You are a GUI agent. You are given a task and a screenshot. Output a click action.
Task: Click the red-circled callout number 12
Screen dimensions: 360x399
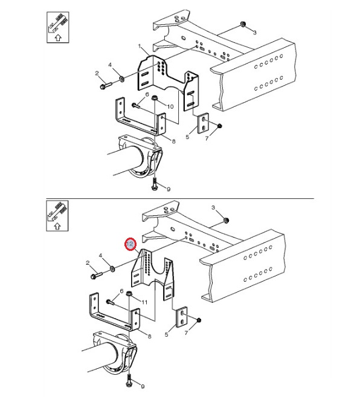coord(130,244)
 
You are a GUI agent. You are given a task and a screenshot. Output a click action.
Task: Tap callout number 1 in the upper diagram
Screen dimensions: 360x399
coord(140,46)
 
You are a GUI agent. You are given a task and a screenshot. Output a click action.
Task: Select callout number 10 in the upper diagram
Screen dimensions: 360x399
coord(170,106)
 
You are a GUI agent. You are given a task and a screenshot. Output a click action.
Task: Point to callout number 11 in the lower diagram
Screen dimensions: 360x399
coord(144,302)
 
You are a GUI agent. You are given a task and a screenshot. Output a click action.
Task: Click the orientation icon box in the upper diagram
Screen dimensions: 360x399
coord(58,27)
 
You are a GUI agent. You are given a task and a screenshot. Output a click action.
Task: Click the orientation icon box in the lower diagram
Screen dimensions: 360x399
coord(57,216)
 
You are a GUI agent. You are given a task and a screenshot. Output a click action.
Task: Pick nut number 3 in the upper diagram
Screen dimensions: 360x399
coord(243,24)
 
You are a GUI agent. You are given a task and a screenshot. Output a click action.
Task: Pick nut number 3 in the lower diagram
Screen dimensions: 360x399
coord(225,220)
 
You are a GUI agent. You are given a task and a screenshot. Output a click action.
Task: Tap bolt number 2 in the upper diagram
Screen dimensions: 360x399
coord(106,85)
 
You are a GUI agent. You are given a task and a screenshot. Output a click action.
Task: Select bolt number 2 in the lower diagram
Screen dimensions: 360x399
coord(97,275)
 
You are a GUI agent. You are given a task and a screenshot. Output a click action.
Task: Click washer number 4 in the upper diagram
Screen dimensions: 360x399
coord(121,79)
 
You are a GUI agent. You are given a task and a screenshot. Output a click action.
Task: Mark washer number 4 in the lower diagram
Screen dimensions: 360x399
coord(112,268)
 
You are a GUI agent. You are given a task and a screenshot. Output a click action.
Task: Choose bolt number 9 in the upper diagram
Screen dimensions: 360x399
coord(155,184)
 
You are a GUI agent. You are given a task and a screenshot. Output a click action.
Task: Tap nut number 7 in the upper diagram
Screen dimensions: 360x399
coord(220,126)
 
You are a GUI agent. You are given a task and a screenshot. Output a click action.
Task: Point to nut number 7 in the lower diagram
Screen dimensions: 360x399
coord(199,320)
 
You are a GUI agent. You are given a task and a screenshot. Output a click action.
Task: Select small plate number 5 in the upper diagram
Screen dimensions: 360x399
coord(204,123)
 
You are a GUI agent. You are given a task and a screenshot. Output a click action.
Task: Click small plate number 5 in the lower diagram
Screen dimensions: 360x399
coord(182,317)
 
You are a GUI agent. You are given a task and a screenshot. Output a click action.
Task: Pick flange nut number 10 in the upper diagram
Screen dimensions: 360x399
coord(154,98)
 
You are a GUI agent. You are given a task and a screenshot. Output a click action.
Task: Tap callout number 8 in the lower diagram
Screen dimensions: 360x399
coord(149,336)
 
